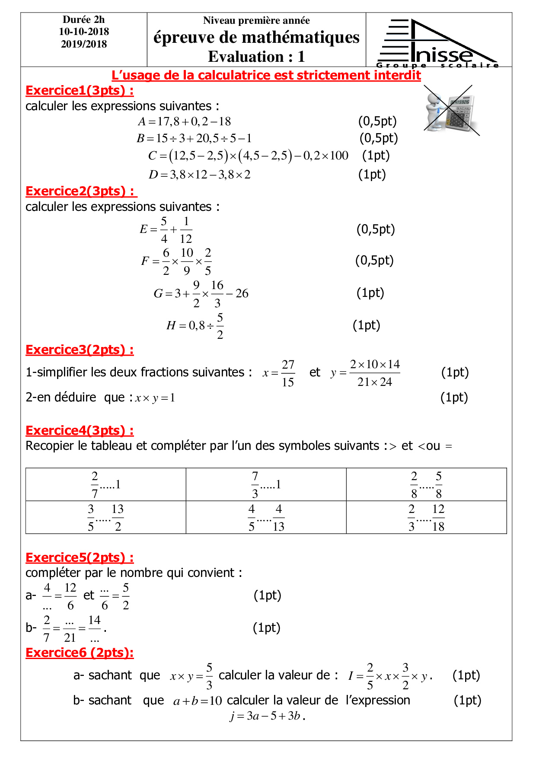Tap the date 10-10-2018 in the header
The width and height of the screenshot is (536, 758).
84,32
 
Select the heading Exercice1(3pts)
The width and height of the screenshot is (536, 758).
80,90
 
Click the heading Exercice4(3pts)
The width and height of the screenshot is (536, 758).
80,430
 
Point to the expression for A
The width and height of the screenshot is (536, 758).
185,121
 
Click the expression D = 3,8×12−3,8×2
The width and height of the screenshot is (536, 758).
199,175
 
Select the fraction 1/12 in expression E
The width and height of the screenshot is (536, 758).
186,229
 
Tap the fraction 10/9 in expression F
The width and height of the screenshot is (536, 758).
187,261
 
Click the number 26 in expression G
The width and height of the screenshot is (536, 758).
242,293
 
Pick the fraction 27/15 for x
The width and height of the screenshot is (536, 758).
288,373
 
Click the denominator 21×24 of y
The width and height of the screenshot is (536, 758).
374,382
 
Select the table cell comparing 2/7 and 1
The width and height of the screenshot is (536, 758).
106,484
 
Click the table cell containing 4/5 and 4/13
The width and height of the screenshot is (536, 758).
266,517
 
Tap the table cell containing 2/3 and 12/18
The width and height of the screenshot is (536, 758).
426,517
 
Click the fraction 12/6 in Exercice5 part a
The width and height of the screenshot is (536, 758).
70,596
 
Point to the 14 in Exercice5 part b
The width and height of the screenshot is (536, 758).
94,621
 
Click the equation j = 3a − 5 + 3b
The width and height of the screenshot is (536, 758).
267,716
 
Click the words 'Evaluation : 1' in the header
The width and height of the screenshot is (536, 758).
256,57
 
